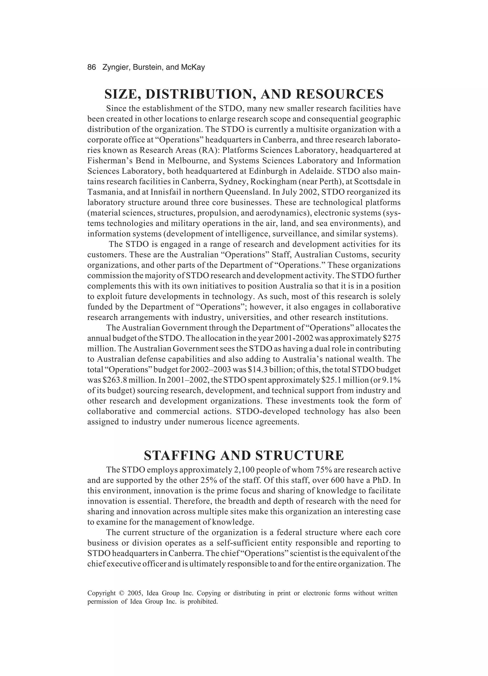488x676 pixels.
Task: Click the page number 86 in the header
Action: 91,67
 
